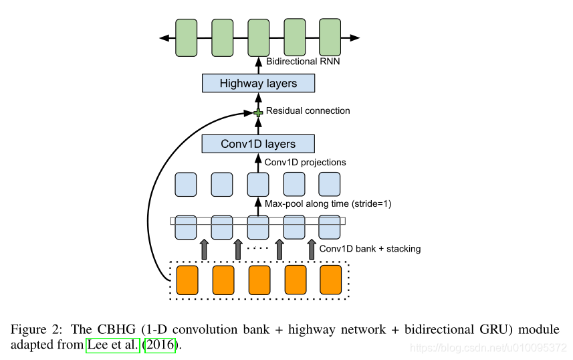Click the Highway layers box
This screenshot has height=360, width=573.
pyautogui.click(x=258, y=84)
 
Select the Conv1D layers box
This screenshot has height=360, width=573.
pyautogui.click(x=258, y=143)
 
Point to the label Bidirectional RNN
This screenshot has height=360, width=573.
pyautogui.click(x=302, y=62)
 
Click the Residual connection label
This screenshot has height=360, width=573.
pyautogui.click(x=308, y=110)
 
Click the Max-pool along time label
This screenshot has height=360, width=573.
pyautogui.click(x=328, y=203)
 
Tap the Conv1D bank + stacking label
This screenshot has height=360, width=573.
pyautogui.click(x=370, y=248)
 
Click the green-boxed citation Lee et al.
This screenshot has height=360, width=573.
pyautogui.click(x=113, y=345)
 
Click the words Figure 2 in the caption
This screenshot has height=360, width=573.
pyautogui.click(x=33, y=330)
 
